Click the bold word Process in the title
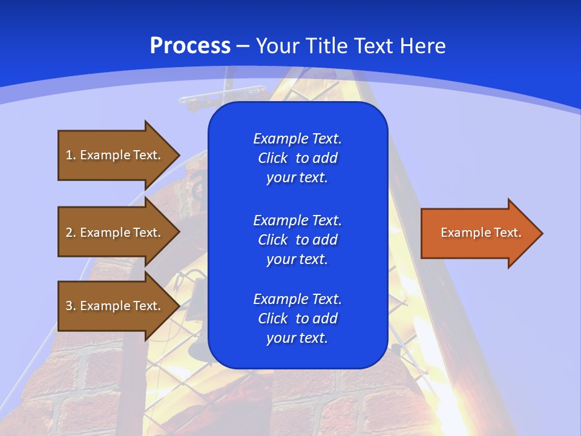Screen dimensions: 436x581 click(x=190, y=46)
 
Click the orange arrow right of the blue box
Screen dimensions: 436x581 click(x=478, y=233)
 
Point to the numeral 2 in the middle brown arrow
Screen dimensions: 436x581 click(x=69, y=233)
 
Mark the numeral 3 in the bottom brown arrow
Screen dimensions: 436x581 click(x=69, y=306)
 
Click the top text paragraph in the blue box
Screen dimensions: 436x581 click(x=297, y=158)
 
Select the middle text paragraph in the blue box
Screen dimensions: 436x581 click(x=297, y=239)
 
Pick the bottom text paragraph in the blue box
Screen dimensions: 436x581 click(x=297, y=319)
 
